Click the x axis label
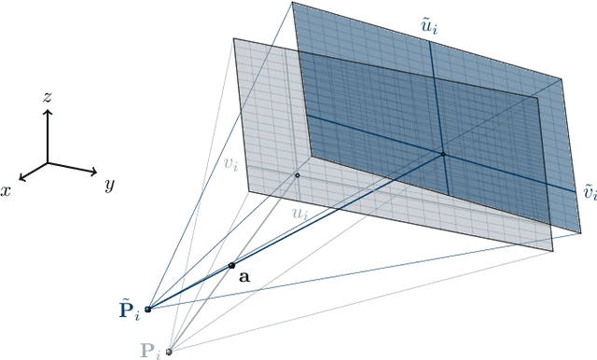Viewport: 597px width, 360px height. (x=7, y=188)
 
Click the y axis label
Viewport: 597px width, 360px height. (x=109, y=185)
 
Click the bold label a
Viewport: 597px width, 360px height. (x=244, y=277)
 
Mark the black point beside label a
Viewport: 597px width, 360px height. (x=231, y=266)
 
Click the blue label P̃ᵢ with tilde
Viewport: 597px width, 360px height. (x=129, y=310)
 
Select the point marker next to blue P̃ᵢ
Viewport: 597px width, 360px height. (x=147, y=309)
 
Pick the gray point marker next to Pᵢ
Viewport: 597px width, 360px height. (x=168, y=352)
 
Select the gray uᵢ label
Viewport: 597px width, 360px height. (x=301, y=215)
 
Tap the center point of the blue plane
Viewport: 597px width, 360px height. (x=443, y=153)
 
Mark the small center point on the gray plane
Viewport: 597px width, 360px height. (x=298, y=174)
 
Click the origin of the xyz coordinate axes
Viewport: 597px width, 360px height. (x=48, y=161)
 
